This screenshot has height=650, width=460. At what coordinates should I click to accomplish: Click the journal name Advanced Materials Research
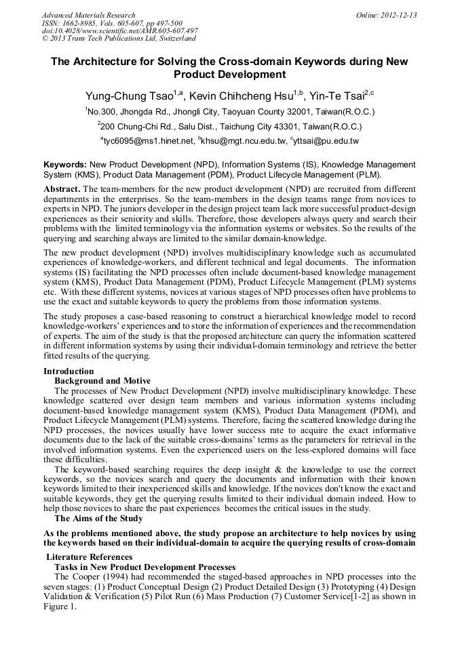tap(88, 15)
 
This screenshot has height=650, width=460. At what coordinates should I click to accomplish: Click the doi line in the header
tap(120, 31)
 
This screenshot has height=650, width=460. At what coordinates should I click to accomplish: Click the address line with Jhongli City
tap(229, 111)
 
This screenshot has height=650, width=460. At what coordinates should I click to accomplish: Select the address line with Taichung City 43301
tap(229, 126)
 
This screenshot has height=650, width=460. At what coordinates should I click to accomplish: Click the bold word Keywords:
tap(65, 165)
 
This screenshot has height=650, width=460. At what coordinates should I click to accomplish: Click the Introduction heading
tap(69, 371)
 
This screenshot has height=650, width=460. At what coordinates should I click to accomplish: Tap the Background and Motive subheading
tap(102, 381)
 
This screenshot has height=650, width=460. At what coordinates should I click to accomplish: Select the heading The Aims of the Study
tap(98, 519)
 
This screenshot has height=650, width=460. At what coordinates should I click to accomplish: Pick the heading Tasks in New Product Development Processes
tap(145, 567)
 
